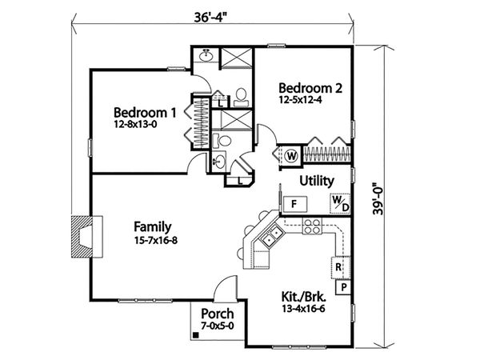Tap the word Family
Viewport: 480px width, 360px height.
[x=152, y=226]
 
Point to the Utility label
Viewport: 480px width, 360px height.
[x=317, y=181]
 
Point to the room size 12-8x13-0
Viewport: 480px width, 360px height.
[x=142, y=125]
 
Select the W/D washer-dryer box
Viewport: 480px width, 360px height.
[x=340, y=205]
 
